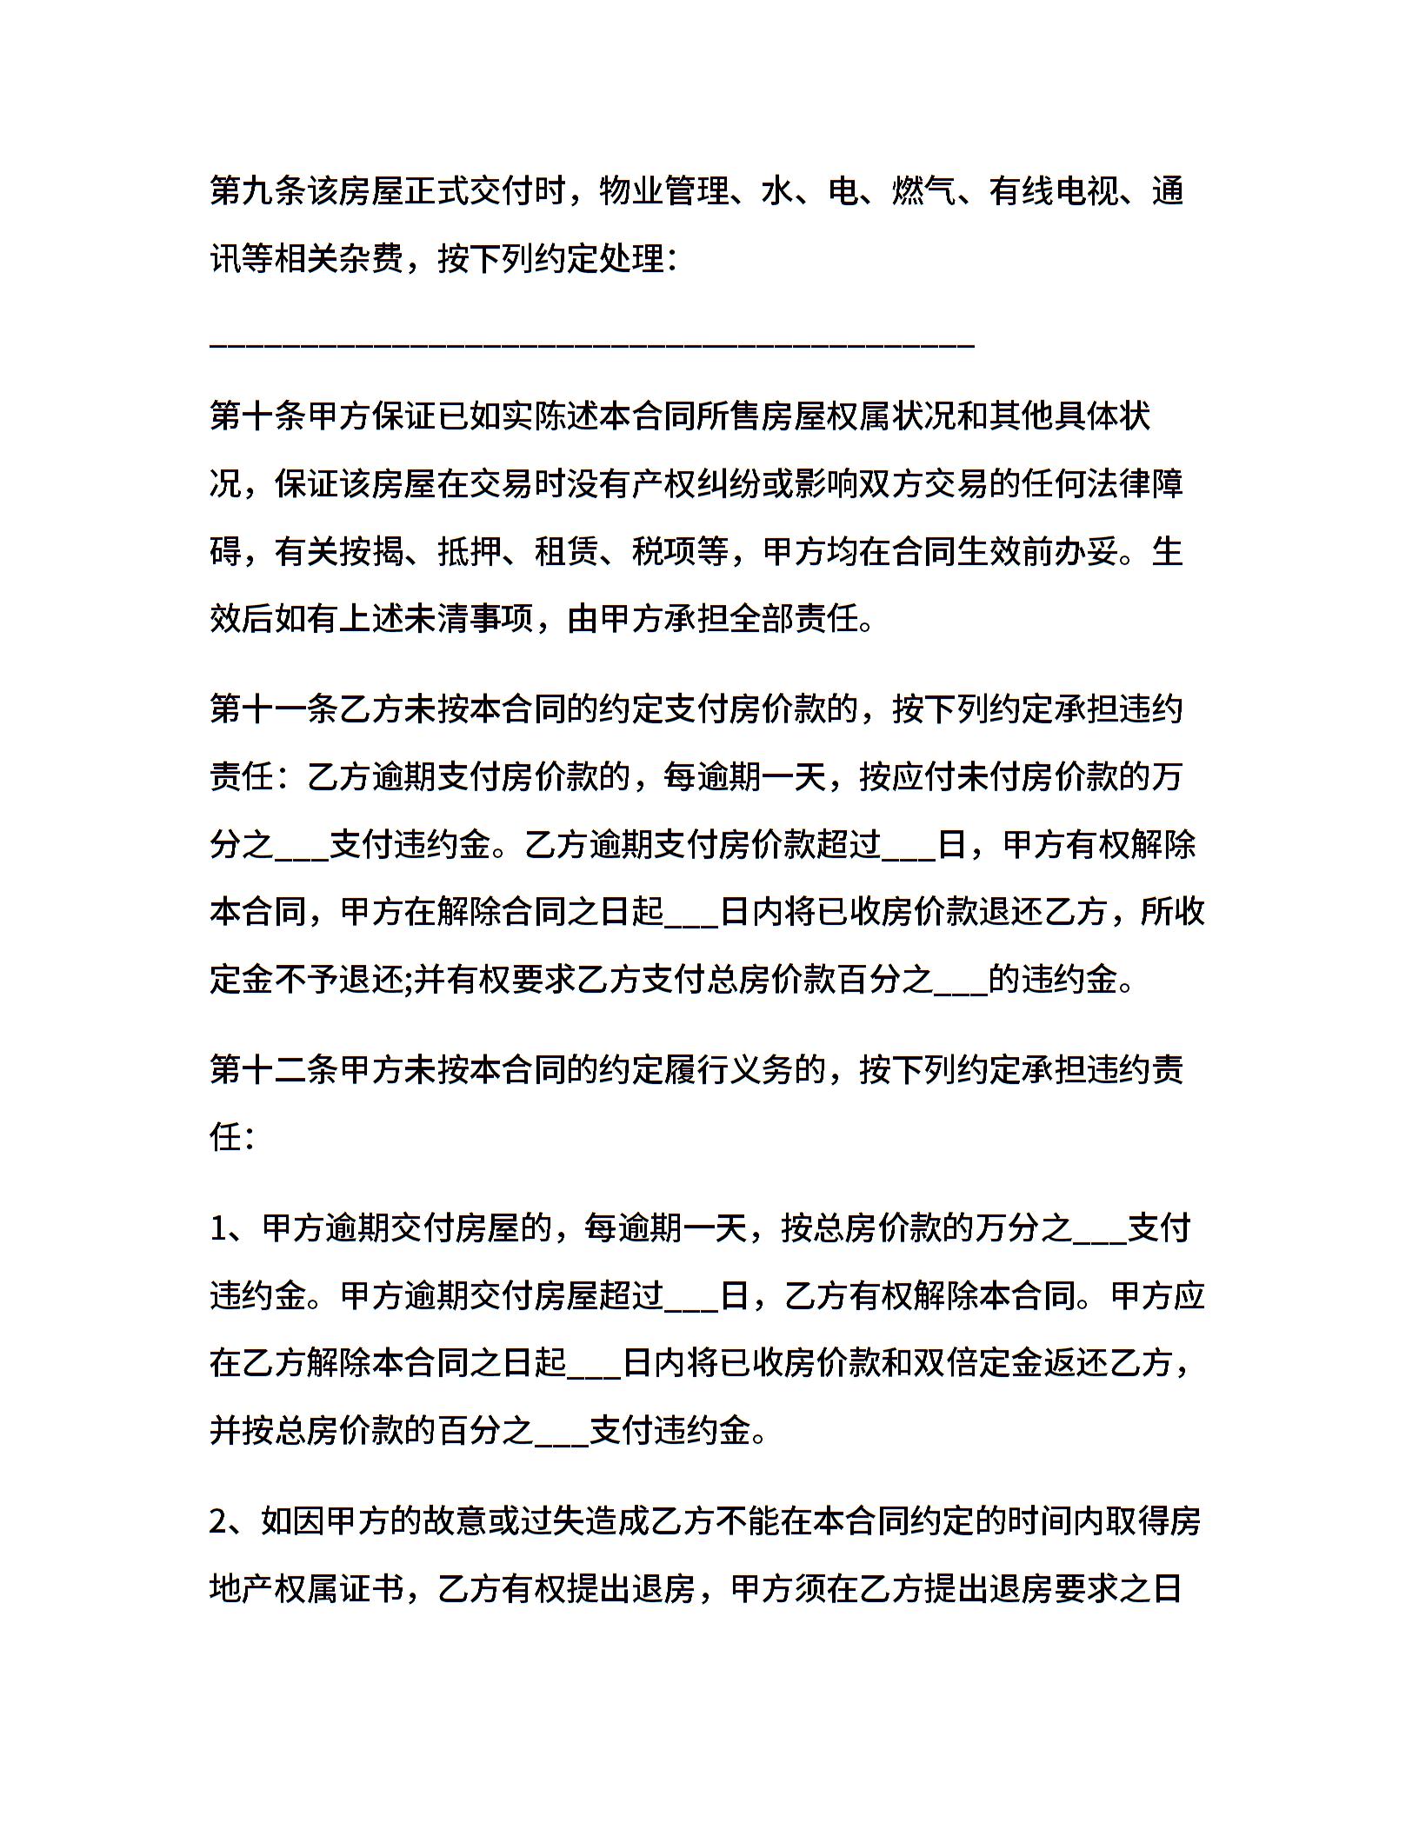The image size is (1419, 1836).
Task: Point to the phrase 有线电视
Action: click(x=1054, y=191)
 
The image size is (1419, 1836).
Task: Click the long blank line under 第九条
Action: click(x=591, y=347)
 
